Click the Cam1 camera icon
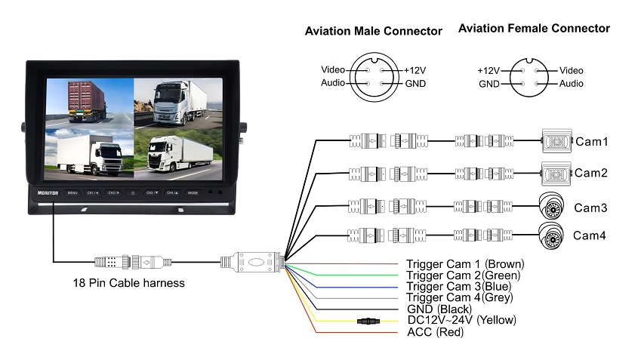click(x=557, y=141)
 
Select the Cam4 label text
click(x=590, y=235)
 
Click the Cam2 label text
click(x=591, y=173)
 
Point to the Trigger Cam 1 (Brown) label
click(x=464, y=264)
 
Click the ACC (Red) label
click(x=435, y=331)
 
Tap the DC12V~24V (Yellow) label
click(x=461, y=320)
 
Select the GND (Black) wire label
click(x=439, y=309)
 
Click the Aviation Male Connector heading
click(x=373, y=32)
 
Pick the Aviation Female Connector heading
click(x=534, y=29)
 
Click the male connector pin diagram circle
click(x=374, y=75)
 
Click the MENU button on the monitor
click(x=73, y=193)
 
